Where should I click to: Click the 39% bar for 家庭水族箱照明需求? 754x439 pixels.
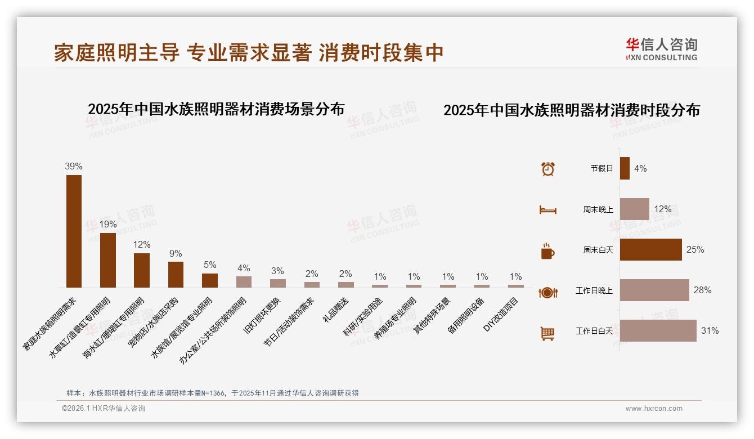point(74,231)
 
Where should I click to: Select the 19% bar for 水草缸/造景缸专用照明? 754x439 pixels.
point(108,260)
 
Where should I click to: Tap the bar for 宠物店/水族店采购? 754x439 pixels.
point(176,274)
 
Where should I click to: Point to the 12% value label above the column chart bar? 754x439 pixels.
point(142,245)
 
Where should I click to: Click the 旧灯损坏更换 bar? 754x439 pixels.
point(277,283)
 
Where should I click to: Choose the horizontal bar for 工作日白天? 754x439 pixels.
point(658,331)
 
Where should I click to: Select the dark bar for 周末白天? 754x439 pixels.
point(650,249)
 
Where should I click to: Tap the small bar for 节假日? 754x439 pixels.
point(625,168)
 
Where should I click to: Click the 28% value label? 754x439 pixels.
point(702,290)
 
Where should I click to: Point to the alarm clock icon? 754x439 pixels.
point(547,169)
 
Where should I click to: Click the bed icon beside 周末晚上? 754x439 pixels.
point(547,210)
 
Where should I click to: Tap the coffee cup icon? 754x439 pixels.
point(547,251)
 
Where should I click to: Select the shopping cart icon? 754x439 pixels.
point(547,333)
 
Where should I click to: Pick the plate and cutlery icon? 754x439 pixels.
point(547,292)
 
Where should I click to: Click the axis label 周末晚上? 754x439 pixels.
point(598,209)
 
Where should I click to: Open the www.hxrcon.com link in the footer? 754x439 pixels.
point(654,409)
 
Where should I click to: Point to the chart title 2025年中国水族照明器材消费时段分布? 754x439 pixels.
point(571,110)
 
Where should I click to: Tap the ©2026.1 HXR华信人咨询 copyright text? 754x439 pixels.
point(104,409)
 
